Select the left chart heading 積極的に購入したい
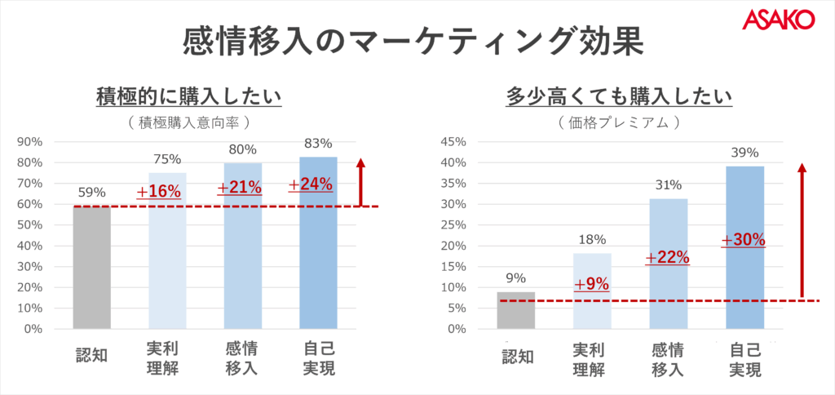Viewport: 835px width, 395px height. pos(188,97)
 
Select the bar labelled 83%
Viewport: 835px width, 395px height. pos(318,261)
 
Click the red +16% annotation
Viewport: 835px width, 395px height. pos(158,192)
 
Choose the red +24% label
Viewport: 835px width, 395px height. pos(311,184)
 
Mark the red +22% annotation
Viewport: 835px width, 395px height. pos(668,257)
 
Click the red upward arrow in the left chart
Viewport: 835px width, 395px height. pos(361,183)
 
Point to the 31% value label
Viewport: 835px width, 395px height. pos(668,185)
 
